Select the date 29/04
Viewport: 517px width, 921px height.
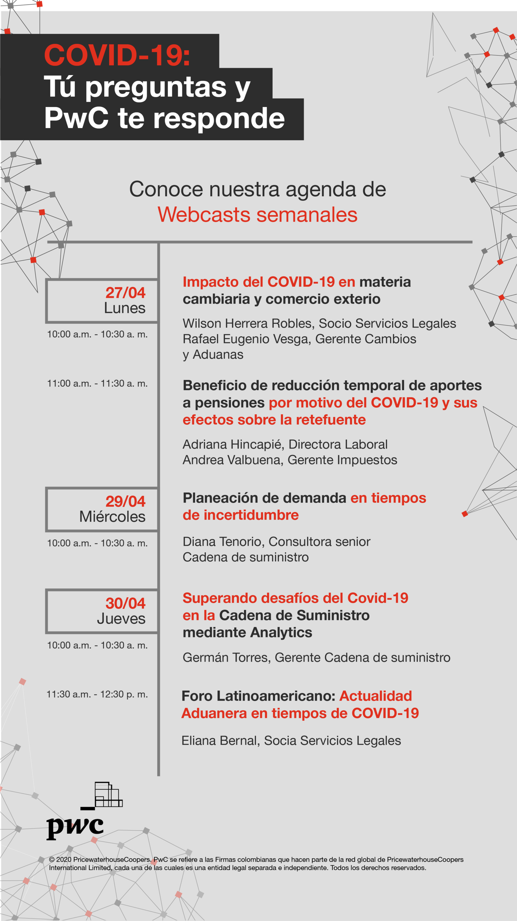click(126, 502)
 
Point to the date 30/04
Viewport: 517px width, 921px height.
click(126, 603)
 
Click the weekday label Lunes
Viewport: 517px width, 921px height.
click(125, 308)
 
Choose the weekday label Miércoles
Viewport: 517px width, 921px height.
click(112, 517)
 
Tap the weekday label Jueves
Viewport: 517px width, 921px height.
click(121, 619)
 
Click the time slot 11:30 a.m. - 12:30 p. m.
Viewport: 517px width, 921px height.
click(97, 694)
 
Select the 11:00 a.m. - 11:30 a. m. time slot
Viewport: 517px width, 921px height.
click(97, 384)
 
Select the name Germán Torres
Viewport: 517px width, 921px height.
click(226, 658)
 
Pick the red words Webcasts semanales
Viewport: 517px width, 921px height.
click(257, 215)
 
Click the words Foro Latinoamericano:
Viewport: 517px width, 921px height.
click(258, 696)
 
